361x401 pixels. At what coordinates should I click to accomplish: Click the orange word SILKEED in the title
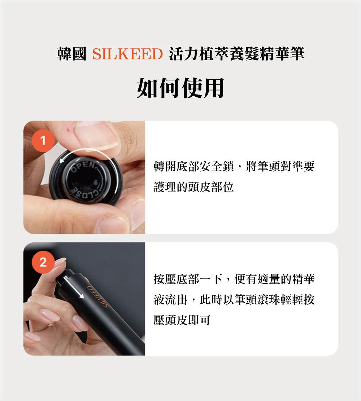pyautogui.click(x=127, y=54)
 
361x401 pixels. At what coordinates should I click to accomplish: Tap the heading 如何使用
pyautogui.click(x=180, y=88)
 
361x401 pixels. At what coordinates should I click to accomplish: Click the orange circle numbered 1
pyautogui.click(x=43, y=140)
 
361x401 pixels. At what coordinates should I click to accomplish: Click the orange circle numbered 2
pyautogui.click(x=43, y=262)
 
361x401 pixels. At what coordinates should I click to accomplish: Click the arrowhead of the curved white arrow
pyautogui.click(x=62, y=160)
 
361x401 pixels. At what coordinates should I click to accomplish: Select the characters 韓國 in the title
pyautogui.click(x=72, y=54)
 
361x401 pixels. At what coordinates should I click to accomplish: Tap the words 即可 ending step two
pyautogui.click(x=199, y=320)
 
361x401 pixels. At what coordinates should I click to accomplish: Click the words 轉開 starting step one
pyautogui.click(x=165, y=166)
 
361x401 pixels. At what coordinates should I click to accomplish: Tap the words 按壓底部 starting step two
pyautogui.click(x=177, y=279)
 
